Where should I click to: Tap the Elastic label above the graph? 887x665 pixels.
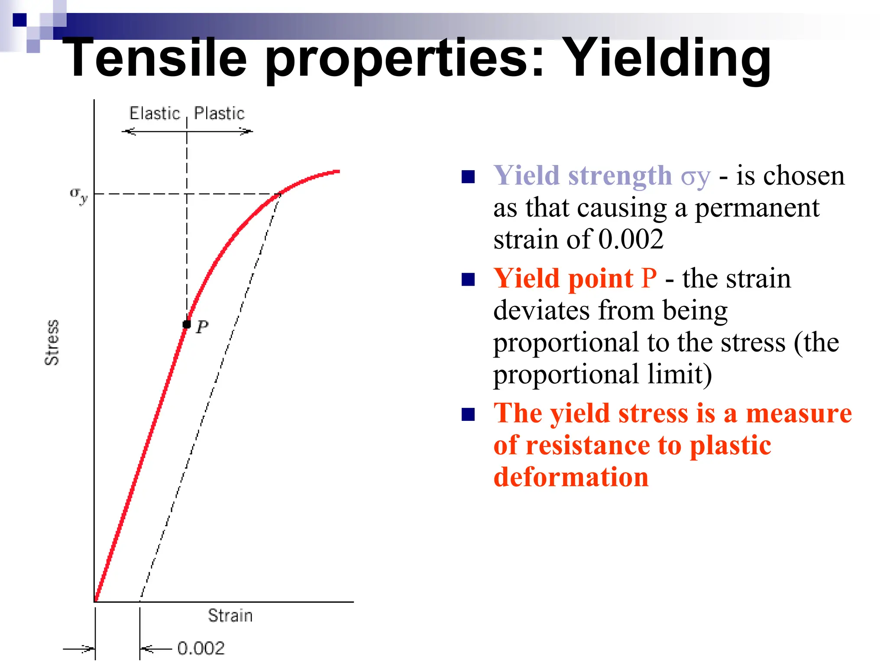tap(154, 113)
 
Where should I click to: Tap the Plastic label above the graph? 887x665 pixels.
tap(219, 113)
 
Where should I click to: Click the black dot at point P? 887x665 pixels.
tap(187, 324)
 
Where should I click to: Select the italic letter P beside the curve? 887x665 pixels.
tap(202, 327)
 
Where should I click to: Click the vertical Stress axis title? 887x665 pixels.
tap(52, 342)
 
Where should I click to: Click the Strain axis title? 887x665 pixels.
tap(230, 615)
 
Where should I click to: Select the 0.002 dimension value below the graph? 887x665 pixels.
tap(201, 648)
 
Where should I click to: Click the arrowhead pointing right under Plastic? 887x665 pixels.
tap(247, 131)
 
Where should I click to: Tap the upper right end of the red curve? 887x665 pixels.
tap(338, 172)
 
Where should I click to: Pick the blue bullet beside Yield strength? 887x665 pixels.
tap(468, 177)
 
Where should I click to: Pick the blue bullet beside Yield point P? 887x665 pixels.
tap(468, 279)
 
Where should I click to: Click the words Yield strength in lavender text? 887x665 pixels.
tap(583, 176)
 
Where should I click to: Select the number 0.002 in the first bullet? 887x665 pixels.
tap(631, 239)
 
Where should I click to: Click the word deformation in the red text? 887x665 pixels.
tap(571, 477)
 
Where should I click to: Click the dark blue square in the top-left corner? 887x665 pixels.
tap(19, 20)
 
